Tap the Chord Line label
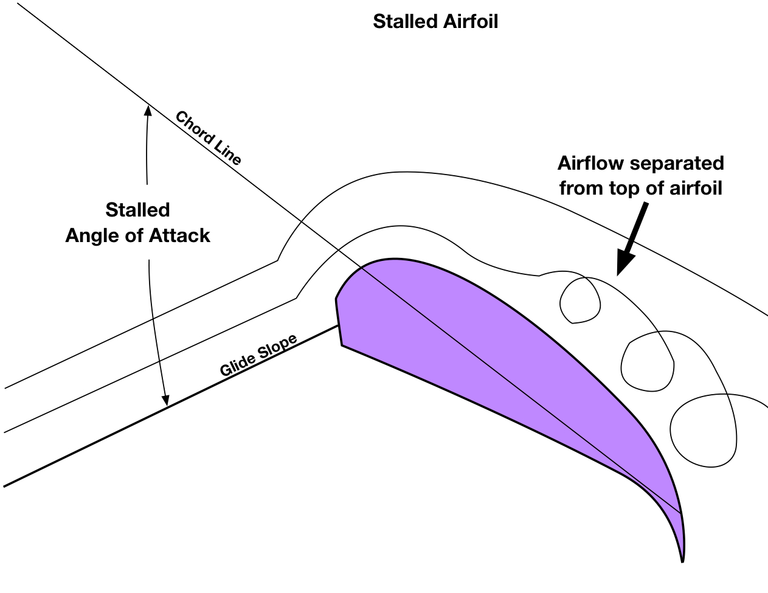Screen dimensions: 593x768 coord(209,138)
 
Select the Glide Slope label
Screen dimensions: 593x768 coord(258,355)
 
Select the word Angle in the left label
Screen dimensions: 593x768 coord(89,235)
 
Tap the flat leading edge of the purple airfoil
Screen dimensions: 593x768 coord(339,322)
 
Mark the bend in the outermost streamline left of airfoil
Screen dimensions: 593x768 coord(278,260)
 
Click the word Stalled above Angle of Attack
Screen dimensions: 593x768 coord(137,210)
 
